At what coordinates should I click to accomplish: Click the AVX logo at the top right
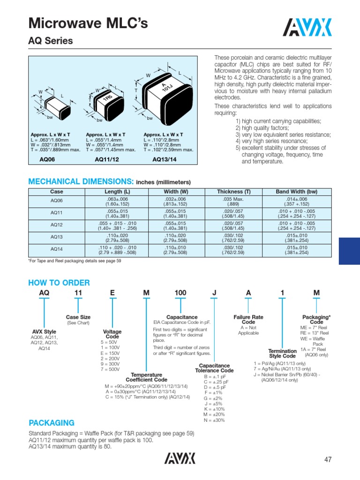(309, 27)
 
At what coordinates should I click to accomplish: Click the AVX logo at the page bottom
(180, 458)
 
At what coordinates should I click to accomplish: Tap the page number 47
(328, 460)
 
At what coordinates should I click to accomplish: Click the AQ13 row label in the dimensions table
(56, 237)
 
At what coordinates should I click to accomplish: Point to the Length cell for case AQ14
(117, 250)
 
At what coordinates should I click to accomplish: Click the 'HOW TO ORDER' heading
(59, 283)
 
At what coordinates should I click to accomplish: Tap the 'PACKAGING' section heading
(52, 422)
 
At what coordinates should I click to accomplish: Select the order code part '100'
(180, 293)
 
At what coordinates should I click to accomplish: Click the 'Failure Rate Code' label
(248, 320)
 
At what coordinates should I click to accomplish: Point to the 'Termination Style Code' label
(282, 353)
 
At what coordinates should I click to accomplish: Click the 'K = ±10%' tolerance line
(214, 409)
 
